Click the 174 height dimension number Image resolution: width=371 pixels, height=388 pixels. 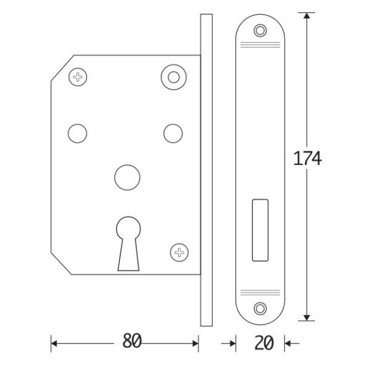pyautogui.click(x=307, y=158)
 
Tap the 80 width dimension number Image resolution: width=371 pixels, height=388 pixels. pyautogui.click(x=132, y=341)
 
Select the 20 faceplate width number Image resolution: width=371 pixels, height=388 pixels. pyautogui.click(x=264, y=343)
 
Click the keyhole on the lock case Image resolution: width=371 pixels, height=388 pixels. pyautogui.click(x=128, y=244)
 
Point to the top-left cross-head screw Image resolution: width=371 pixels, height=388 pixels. pyautogui.click(x=78, y=77)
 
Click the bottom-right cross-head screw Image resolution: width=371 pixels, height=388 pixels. pyautogui.click(x=179, y=253)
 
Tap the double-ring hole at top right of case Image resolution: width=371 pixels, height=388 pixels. pyautogui.click(x=174, y=77)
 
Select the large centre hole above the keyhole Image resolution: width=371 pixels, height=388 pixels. pyautogui.click(x=127, y=177)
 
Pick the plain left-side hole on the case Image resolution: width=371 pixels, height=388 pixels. pyautogui.click(x=77, y=133)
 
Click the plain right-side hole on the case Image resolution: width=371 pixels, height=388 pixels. pyautogui.click(x=173, y=133)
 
